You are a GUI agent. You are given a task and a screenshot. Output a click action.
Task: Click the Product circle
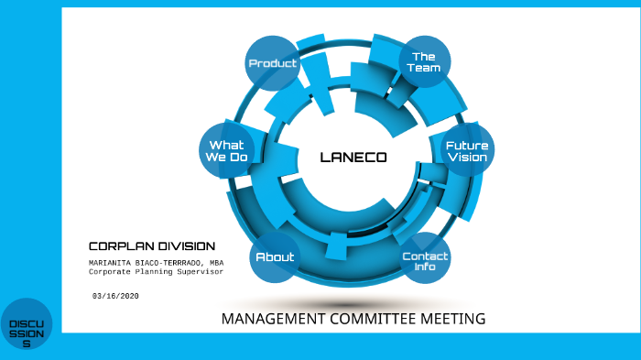[273, 63]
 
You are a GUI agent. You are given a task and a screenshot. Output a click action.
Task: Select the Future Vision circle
[467, 151]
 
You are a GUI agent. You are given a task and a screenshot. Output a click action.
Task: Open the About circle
[275, 257]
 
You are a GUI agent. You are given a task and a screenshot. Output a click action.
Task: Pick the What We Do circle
[227, 151]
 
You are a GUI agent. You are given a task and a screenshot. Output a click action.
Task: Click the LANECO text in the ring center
[353, 158]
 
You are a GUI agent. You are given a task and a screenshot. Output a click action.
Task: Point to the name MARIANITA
[112, 263]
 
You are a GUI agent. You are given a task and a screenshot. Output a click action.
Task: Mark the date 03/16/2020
[115, 296]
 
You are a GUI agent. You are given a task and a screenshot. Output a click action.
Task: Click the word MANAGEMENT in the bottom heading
[266, 319]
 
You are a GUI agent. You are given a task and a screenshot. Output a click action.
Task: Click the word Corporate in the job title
[109, 272]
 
